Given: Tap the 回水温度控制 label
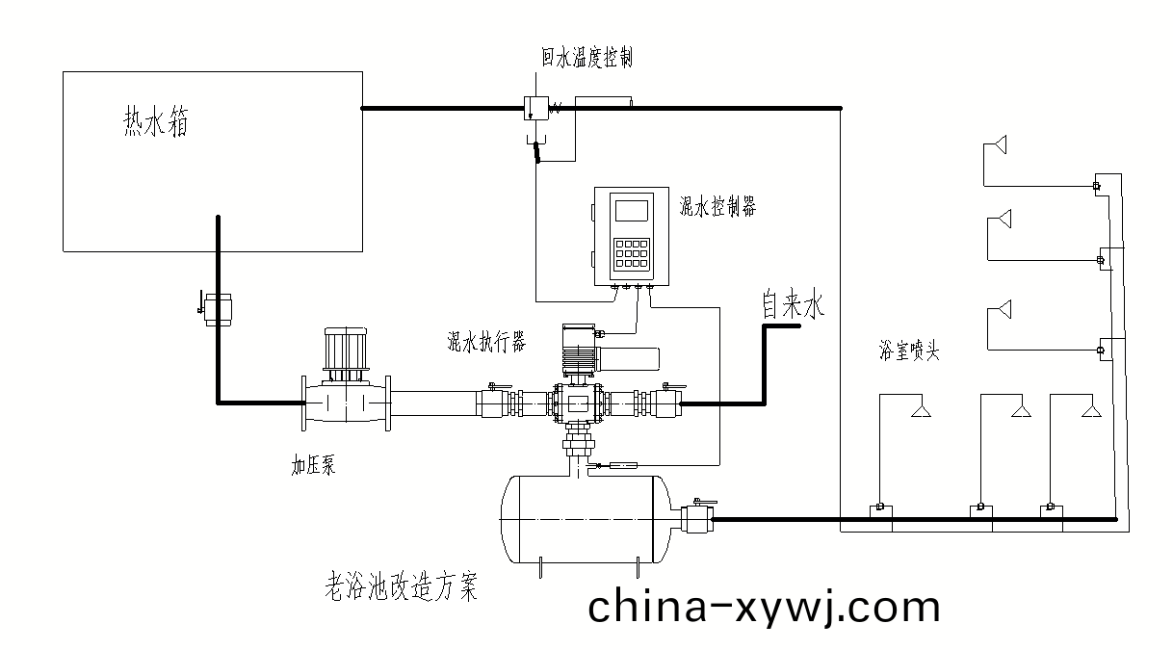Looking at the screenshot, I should (586, 59).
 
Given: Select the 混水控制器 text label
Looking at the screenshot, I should (717, 205).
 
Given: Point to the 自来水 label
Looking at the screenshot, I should (794, 307).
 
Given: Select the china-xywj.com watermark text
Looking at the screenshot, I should (763, 608).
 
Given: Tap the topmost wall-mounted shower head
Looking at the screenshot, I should (999, 144).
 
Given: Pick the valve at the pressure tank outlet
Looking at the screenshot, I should (697, 520).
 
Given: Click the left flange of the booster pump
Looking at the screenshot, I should (307, 403).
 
